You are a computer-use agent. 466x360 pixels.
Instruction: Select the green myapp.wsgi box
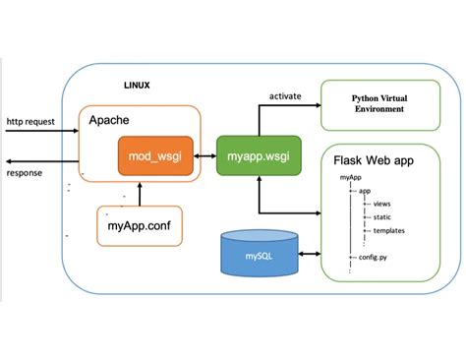click(258, 156)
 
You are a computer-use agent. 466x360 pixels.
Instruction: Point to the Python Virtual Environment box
click(378, 105)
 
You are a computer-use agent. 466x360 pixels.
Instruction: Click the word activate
click(284, 96)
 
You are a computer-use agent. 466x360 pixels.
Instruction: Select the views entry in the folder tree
click(381, 204)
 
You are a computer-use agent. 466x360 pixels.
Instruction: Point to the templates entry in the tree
click(387, 231)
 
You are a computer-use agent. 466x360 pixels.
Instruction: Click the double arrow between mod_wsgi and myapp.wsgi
click(204, 156)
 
